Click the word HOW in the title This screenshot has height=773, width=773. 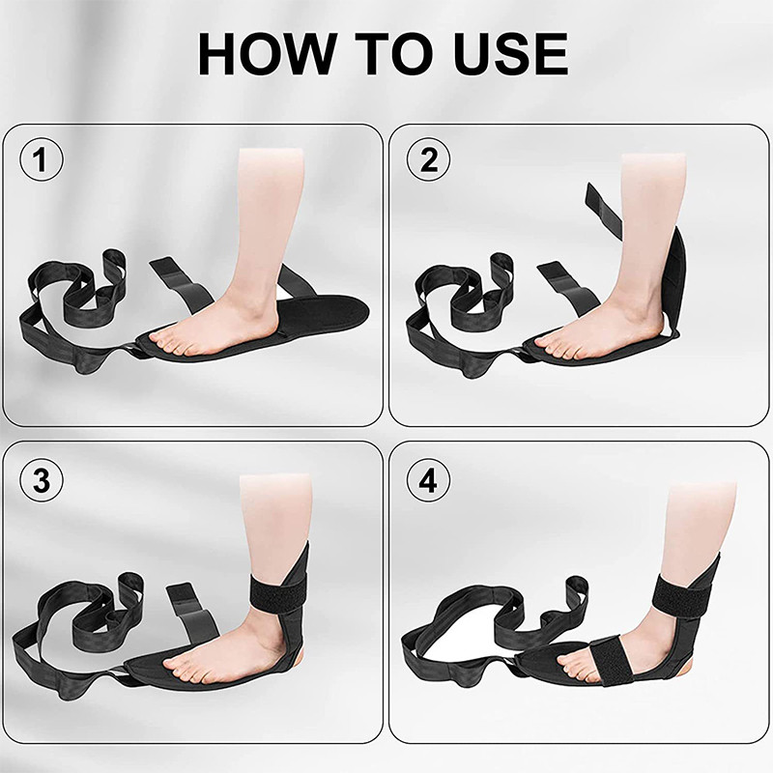[x=266, y=53]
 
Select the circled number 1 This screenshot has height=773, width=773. [x=42, y=159]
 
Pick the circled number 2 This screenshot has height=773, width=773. [x=428, y=159]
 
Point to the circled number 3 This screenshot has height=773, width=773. [x=42, y=479]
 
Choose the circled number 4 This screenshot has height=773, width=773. [x=428, y=479]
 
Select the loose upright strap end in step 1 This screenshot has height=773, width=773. [x=180, y=285]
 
